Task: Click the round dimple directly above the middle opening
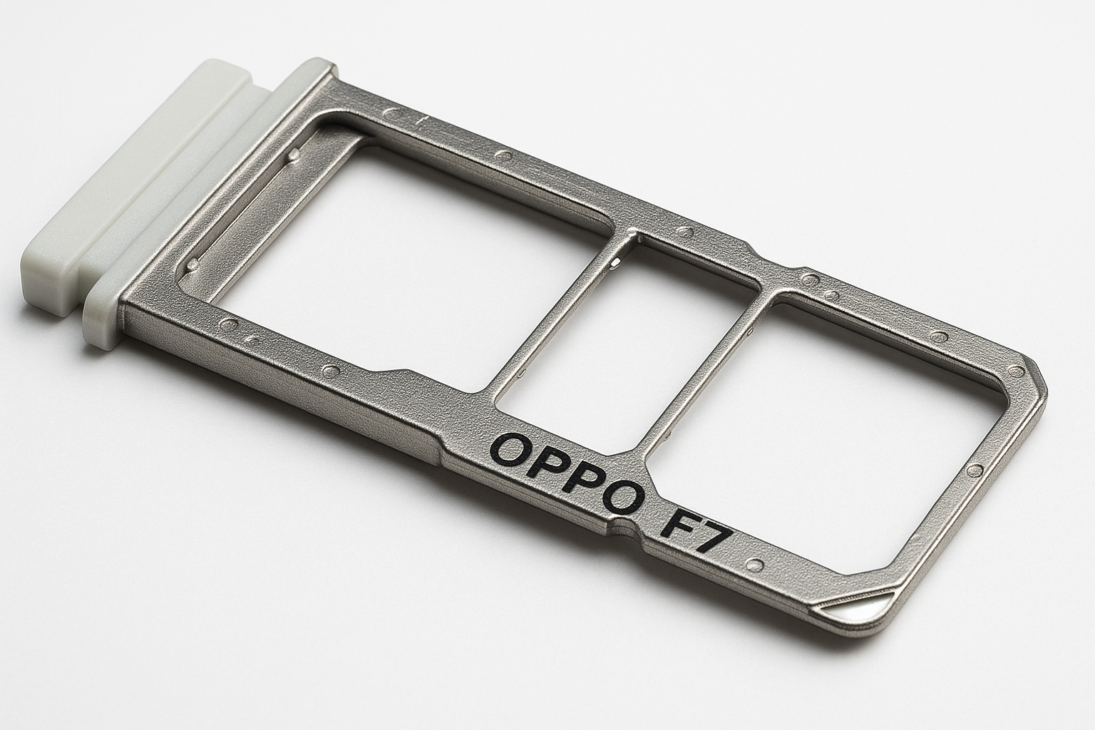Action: point(687,232)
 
